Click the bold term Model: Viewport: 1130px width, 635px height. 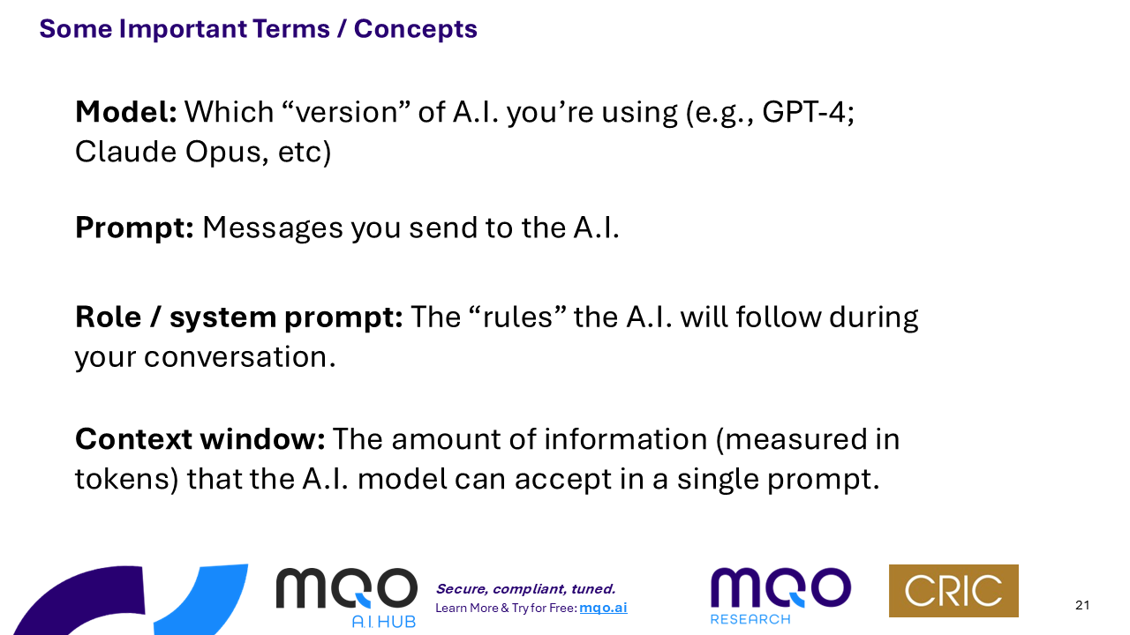[126, 112]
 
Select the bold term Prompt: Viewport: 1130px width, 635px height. [134, 228]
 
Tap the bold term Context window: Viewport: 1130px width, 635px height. [200, 439]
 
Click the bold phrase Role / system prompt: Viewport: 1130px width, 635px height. [239, 317]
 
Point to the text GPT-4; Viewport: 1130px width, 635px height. [808, 113]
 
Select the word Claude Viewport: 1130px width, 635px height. [125, 152]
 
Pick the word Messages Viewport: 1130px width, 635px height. [273, 228]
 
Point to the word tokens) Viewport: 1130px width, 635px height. [126, 479]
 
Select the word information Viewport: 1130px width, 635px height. [626, 439]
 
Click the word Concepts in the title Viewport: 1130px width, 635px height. [415, 29]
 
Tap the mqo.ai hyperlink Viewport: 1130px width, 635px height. [603, 608]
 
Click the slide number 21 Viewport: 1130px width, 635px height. [1082, 605]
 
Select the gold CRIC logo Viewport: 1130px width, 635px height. [953, 591]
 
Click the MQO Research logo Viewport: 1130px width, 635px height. [780, 595]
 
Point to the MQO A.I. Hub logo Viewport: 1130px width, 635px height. [347, 597]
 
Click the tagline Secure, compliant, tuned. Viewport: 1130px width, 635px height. [525, 588]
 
